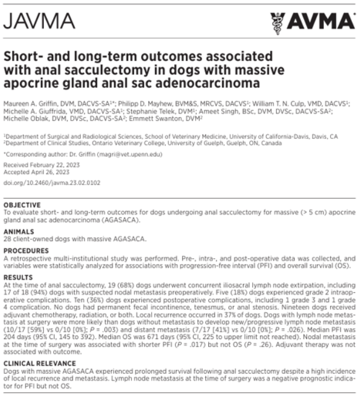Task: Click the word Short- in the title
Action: pyautogui.click(x=27, y=58)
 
